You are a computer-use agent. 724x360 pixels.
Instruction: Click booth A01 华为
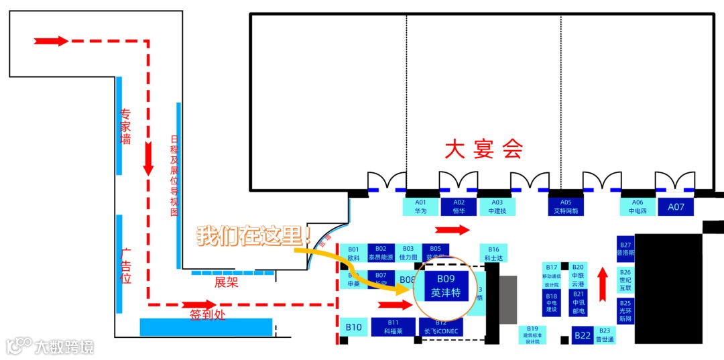pyautogui.click(x=420, y=206)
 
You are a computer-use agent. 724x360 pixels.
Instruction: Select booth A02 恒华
pyautogui.click(x=459, y=206)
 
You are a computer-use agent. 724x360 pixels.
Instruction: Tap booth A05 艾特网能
pyautogui.click(x=566, y=206)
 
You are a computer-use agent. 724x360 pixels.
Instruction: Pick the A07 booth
pyautogui.click(x=676, y=206)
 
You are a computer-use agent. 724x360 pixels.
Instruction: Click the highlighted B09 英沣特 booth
pyautogui.click(x=446, y=286)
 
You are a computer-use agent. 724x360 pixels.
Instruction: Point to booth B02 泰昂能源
pyautogui.click(x=381, y=253)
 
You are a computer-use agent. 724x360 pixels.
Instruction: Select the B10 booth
pyautogui.click(x=353, y=327)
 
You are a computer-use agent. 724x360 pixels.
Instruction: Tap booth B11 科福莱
pyautogui.click(x=393, y=326)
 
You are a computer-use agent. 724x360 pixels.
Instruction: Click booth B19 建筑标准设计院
pyautogui.click(x=532, y=334)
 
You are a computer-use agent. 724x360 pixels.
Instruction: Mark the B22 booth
pyautogui.click(x=582, y=335)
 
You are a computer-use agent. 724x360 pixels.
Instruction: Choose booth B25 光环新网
pyautogui.click(x=625, y=311)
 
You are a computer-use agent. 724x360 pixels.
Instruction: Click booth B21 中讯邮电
pyautogui.click(x=578, y=303)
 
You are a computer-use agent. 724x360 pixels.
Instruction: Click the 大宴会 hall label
pyautogui.click(x=483, y=149)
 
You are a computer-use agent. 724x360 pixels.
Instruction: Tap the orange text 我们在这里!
pyautogui.click(x=253, y=235)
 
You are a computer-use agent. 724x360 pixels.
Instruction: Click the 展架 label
pyautogui.click(x=226, y=283)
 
